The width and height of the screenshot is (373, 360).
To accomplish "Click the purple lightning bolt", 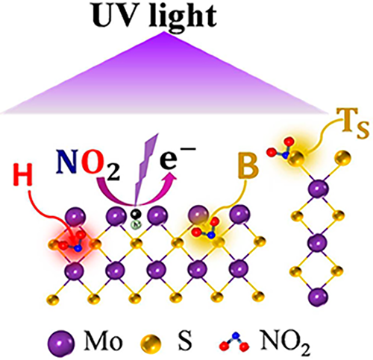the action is pos(147,169).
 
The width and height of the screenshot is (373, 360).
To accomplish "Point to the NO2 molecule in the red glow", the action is pos(72,241).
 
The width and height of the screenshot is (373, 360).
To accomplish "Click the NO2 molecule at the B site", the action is pos(206,227).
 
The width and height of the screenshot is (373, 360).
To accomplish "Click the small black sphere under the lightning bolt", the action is pos(136,214).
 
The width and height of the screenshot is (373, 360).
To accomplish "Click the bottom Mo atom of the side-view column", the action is pos(318,297).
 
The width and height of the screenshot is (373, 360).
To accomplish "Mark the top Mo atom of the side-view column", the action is pos(318,189).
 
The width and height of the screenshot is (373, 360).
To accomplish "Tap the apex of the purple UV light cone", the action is pos(163,32).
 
